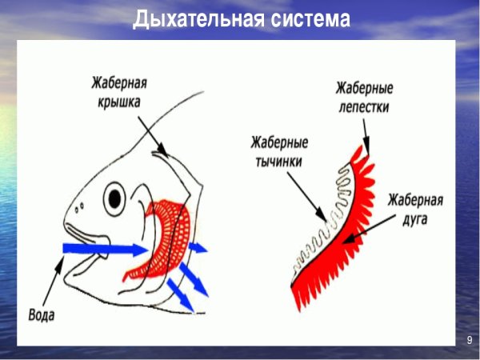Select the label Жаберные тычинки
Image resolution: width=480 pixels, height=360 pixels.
(279, 152)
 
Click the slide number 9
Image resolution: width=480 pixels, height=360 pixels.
(470, 342)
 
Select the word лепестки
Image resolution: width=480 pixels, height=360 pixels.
(364, 105)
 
